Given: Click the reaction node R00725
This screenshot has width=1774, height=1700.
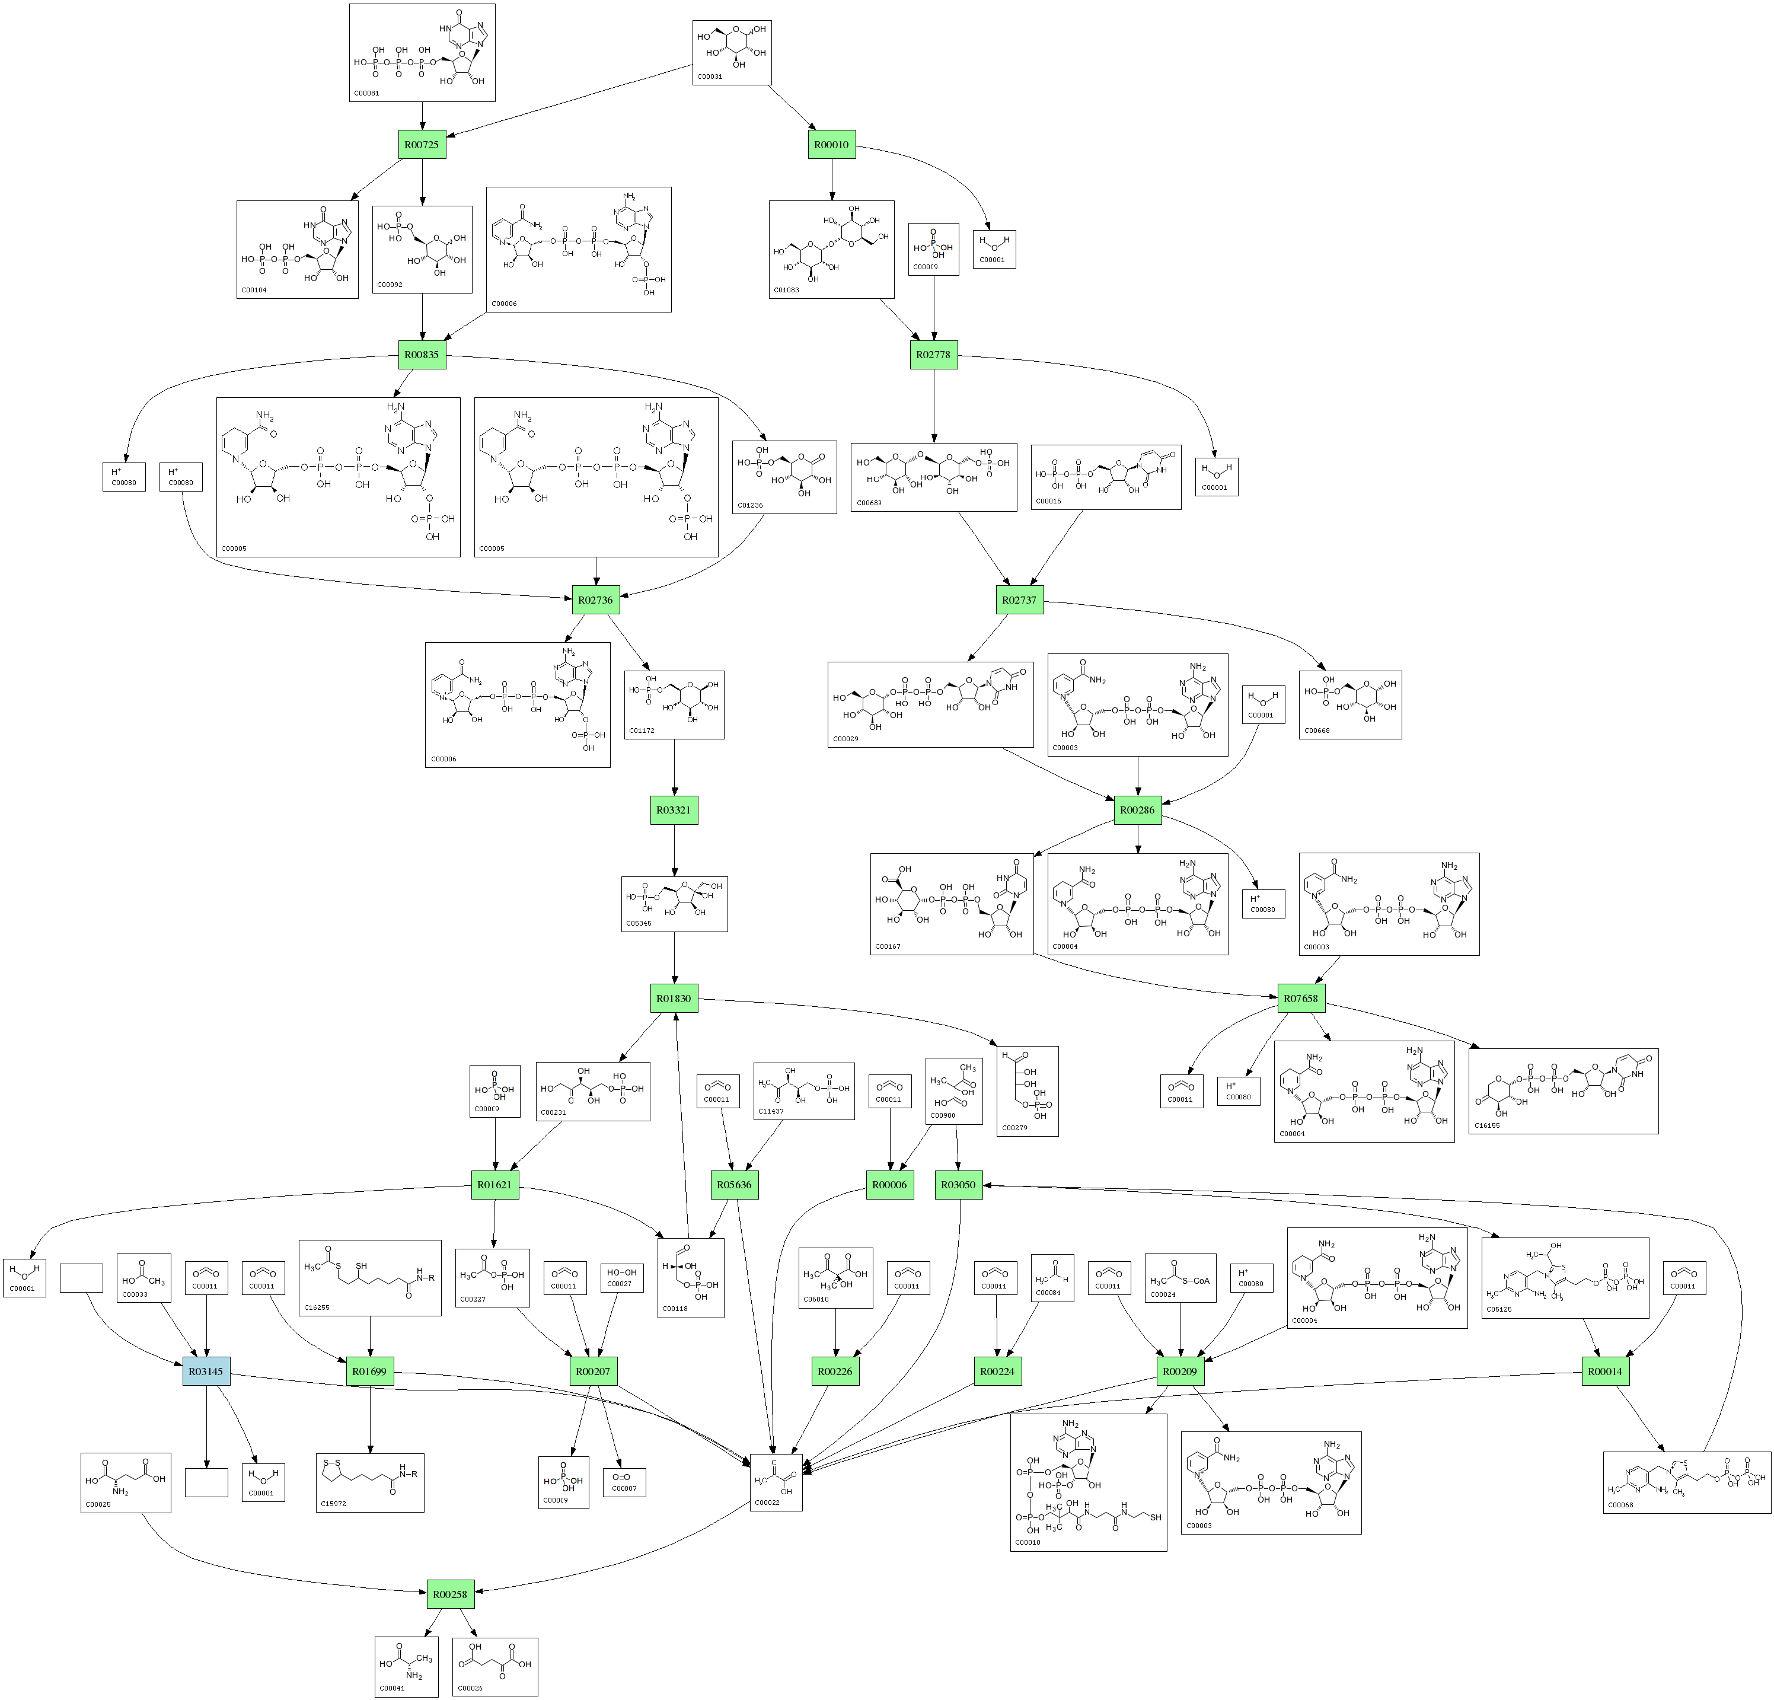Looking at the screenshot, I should point(422,145).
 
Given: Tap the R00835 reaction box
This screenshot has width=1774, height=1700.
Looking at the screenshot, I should point(422,355).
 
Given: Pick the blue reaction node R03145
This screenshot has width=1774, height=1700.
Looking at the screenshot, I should point(206,1372).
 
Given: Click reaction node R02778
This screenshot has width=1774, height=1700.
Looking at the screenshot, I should point(933,355).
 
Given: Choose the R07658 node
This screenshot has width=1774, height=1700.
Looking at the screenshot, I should point(1301,999).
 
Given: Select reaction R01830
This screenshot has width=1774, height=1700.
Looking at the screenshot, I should point(674,999).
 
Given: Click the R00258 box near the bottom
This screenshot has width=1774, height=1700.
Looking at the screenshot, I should point(450,1594).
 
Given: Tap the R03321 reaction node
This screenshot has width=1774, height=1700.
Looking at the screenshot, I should point(674,810).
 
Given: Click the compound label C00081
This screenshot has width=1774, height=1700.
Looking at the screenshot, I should point(366,93).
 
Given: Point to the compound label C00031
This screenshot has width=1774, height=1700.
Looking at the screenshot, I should point(710,77).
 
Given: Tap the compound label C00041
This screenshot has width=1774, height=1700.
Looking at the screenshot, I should point(392,1688).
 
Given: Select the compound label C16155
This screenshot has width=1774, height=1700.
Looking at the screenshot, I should point(1487,1125).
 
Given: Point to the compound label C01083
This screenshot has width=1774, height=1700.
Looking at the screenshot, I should point(787,290).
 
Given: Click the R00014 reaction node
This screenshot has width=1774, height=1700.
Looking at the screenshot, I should point(1605,1372).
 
